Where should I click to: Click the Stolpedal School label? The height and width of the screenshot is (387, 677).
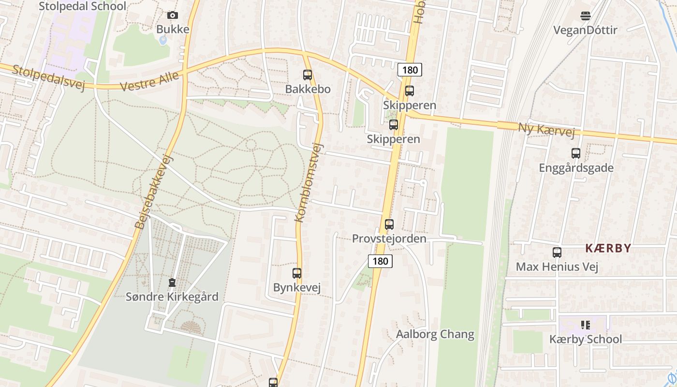(x=82, y=6)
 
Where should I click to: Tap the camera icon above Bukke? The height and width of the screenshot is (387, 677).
(x=172, y=15)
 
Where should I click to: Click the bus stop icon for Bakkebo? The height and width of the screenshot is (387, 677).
(x=308, y=75)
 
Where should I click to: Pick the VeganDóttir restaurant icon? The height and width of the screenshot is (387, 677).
(x=585, y=16)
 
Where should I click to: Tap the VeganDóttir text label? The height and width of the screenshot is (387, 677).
(x=585, y=30)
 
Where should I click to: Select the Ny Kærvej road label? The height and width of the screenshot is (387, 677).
(x=546, y=130)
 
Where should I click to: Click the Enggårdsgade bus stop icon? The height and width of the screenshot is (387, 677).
(x=576, y=153)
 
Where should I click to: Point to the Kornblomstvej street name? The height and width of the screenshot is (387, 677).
(x=308, y=182)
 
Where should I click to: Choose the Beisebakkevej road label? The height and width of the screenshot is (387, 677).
(x=154, y=192)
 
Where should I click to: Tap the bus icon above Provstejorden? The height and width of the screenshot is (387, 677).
(x=389, y=224)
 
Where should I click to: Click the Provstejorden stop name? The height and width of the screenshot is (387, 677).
(x=389, y=238)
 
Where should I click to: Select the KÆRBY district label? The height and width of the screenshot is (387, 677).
(x=608, y=249)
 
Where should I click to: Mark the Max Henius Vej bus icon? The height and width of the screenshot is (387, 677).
(x=557, y=253)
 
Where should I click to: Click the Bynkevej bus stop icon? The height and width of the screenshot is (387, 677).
(x=297, y=273)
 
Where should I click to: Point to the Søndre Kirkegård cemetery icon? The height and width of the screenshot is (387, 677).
(x=172, y=283)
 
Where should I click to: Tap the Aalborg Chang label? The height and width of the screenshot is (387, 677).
(x=435, y=334)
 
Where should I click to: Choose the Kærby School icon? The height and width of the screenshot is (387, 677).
(x=586, y=325)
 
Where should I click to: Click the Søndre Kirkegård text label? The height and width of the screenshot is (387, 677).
(x=172, y=297)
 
